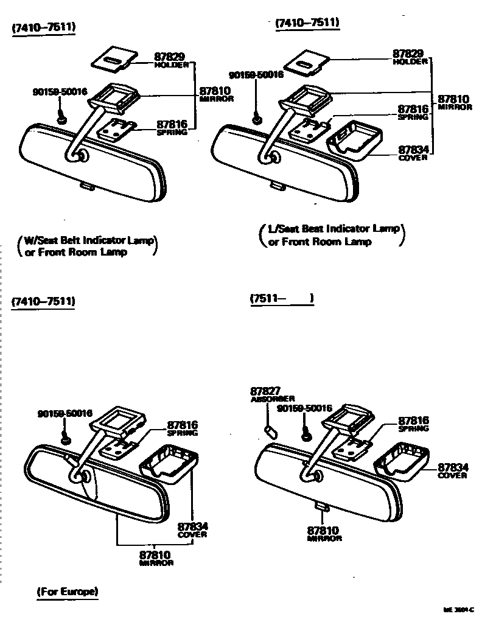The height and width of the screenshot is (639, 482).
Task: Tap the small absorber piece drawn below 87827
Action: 271,431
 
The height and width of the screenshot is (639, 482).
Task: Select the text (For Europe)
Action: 67,592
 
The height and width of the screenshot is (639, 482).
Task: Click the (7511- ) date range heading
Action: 281,299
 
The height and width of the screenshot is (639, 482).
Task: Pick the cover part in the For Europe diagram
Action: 170,463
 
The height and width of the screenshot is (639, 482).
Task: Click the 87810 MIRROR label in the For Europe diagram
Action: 155,557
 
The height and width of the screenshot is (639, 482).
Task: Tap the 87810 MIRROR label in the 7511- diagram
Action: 324,533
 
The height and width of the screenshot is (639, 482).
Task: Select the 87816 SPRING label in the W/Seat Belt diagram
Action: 172,127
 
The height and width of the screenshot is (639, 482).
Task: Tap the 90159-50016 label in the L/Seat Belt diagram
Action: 256,75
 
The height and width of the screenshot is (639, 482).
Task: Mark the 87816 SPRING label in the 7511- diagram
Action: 414,424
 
